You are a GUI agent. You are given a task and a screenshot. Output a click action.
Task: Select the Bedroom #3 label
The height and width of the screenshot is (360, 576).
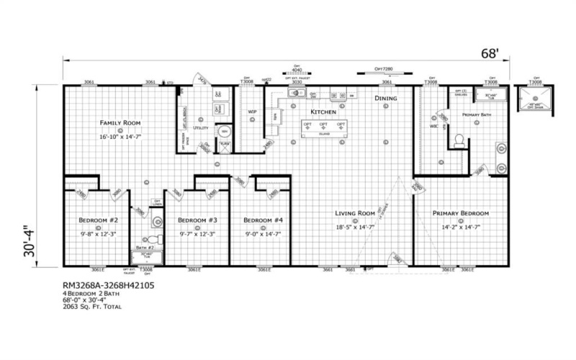click(x=197, y=220)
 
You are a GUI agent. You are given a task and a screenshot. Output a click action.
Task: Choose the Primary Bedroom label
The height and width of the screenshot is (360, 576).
click(x=461, y=213)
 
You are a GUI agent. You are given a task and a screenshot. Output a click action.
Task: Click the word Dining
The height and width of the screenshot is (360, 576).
click(x=386, y=98)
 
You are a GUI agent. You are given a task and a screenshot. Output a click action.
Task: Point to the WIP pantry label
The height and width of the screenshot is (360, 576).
click(x=253, y=112)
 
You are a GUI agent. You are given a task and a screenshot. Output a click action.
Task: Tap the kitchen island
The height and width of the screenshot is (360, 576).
click(x=324, y=127)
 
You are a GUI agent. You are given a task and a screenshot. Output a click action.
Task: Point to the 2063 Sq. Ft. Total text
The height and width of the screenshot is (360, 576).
click(x=92, y=307)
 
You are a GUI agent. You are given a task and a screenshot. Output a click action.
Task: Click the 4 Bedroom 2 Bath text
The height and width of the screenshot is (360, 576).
click(x=91, y=293)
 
